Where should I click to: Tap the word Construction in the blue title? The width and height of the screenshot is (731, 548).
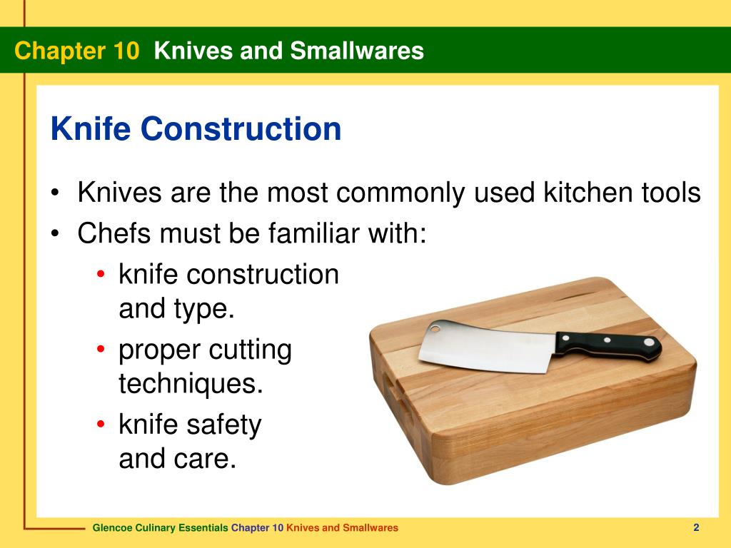[241, 129]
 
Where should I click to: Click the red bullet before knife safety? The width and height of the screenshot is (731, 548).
[102, 426]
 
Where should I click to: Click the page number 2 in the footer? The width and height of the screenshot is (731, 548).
[695, 527]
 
